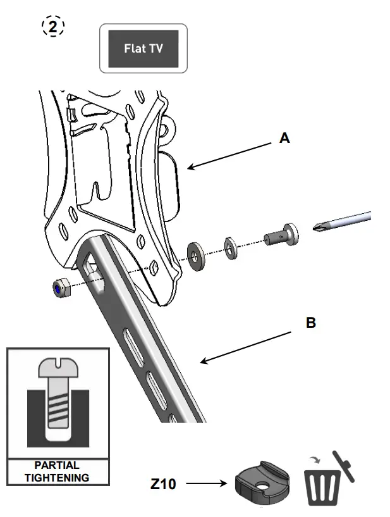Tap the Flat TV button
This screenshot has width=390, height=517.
[143, 48]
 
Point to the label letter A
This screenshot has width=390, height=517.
[285, 138]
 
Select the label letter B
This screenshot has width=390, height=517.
[310, 323]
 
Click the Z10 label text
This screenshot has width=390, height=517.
[163, 485]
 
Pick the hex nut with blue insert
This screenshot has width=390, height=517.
[60, 288]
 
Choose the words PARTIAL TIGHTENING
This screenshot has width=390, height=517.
[57, 472]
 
